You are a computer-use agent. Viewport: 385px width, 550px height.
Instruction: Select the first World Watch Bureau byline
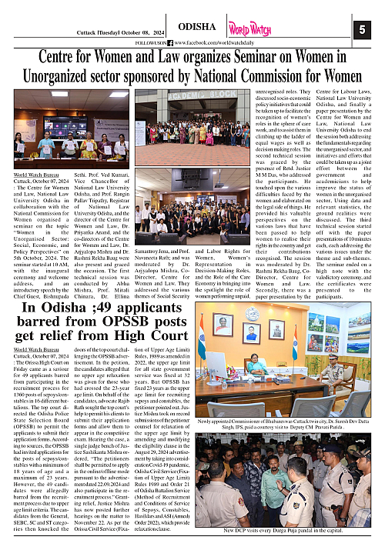tap(34, 176)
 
